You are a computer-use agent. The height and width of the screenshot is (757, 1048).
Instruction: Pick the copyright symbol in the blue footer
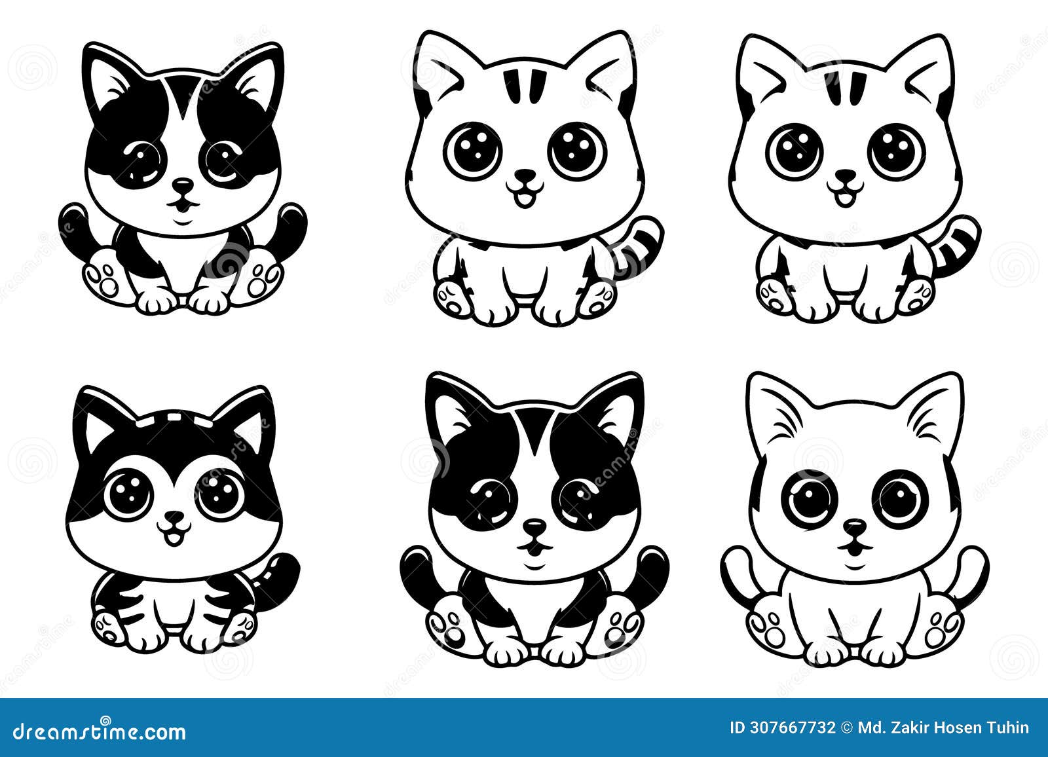coord(848,727)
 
